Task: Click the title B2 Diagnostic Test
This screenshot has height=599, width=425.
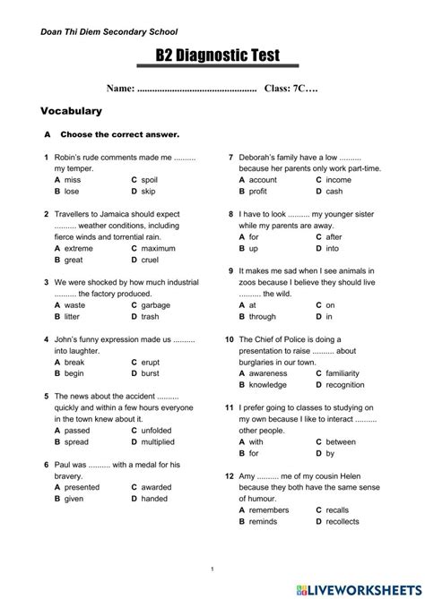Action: click(x=218, y=56)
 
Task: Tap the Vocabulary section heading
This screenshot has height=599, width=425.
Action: click(x=72, y=112)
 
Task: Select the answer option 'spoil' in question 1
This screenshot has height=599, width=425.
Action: click(x=149, y=179)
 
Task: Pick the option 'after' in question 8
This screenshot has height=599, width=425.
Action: click(x=334, y=237)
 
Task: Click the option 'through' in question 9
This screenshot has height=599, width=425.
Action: click(x=262, y=316)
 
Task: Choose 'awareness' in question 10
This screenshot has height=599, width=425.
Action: click(x=269, y=373)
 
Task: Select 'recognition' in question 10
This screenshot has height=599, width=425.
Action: click(x=345, y=385)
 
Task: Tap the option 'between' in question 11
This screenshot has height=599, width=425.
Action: click(x=341, y=441)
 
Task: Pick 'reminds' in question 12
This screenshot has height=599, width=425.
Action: click(x=264, y=521)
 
